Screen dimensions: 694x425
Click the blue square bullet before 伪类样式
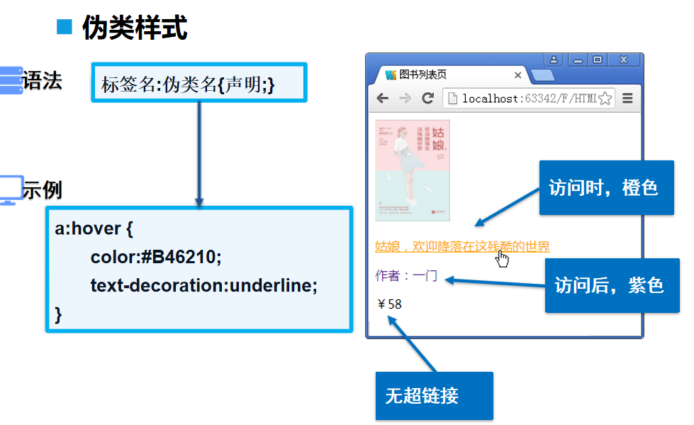click(x=65, y=27)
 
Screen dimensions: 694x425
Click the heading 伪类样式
click(x=135, y=28)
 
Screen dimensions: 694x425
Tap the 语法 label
click(x=42, y=81)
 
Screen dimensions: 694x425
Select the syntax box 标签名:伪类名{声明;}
click(x=198, y=83)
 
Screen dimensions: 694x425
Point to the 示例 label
click(x=42, y=190)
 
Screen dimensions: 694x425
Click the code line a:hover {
click(x=94, y=229)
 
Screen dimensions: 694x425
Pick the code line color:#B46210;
click(x=156, y=257)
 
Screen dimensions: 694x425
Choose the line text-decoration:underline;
click(x=203, y=285)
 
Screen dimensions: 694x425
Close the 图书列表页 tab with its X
click(x=517, y=75)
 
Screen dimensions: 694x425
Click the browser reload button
click(x=427, y=99)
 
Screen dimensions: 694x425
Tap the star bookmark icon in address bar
click(x=605, y=99)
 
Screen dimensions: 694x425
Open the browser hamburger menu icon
click(x=627, y=99)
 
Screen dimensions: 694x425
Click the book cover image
click(x=413, y=170)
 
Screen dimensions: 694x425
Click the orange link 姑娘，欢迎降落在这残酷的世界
click(x=462, y=246)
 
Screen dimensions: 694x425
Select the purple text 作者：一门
click(x=406, y=275)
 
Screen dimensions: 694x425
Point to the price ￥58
click(x=390, y=304)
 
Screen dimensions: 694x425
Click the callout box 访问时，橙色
click(x=603, y=187)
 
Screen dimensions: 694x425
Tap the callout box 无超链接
click(x=434, y=396)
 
